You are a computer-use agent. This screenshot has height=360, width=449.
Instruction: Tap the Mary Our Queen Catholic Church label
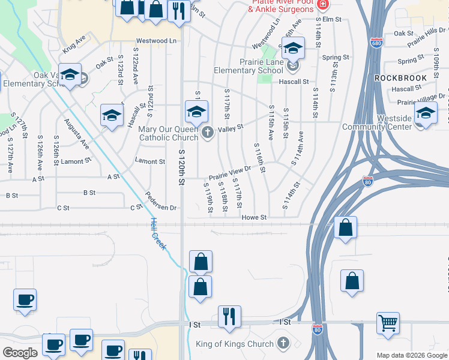[x=168, y=133]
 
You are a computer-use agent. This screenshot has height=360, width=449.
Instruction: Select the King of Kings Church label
[x=235, y=344]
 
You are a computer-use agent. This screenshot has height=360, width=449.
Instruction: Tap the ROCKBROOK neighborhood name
[x=400, y=78]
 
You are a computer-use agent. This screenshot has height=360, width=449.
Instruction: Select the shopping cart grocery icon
[x=388, y=322]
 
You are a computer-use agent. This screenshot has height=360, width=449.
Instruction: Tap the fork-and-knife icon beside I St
[x=229, y=316]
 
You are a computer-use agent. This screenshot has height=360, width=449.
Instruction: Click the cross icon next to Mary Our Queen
[x=208, y=132]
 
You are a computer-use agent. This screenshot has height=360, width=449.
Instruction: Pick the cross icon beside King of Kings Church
[x=283, y=344]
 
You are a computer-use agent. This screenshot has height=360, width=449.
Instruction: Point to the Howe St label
[x=254, y=218]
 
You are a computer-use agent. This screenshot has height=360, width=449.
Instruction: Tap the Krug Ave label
[x=74, y=46]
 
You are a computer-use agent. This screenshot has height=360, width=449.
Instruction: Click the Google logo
[x=20, y=353]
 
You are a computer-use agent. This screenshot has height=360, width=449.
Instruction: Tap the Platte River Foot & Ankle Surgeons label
[x=281, y=6]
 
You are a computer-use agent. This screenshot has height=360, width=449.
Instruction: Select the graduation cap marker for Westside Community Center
[x=425, y=113]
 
